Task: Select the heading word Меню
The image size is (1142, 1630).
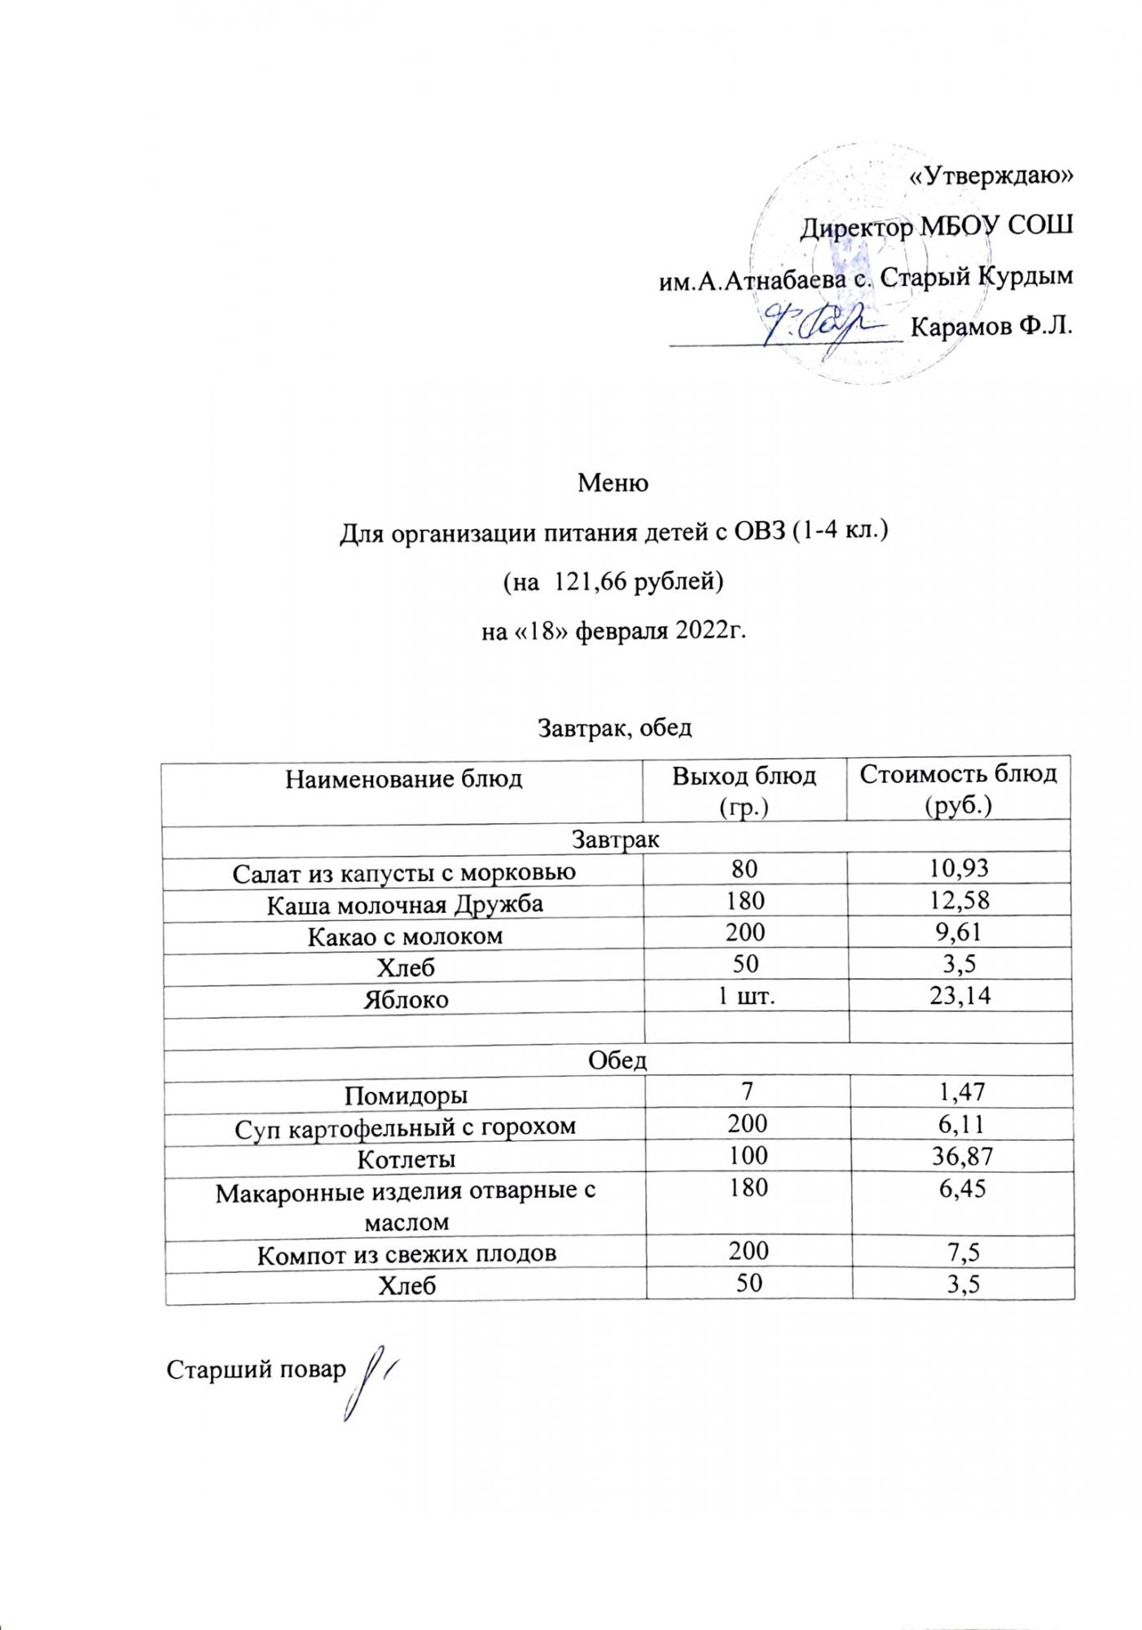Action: point(613,483)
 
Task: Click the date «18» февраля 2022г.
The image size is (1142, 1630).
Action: point(613,630)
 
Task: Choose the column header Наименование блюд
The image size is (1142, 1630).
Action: point(403,780)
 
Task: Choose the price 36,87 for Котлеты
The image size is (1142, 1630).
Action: point(961,1157)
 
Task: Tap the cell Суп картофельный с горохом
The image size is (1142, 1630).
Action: point(405,1126)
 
